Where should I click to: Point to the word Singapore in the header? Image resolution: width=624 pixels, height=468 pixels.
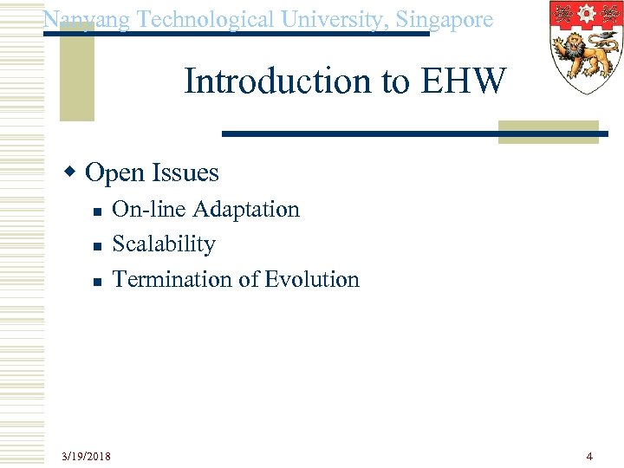(446, 19)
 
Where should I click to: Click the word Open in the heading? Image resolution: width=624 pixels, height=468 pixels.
(114, 173)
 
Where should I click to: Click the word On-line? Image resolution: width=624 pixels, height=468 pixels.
(150, 209)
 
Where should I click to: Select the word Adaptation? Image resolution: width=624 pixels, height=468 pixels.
(246, 209)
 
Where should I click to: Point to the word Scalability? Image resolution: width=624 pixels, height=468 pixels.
(164, 244)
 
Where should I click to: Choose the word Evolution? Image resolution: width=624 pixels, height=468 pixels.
(312, 279)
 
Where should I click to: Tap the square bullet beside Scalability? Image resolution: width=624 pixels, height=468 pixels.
(97, 246)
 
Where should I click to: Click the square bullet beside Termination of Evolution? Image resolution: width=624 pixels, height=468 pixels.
(97, 282)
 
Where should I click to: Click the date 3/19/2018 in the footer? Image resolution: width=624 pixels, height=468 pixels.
(86, 456)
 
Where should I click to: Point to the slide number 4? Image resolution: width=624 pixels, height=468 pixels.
(589, 456)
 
